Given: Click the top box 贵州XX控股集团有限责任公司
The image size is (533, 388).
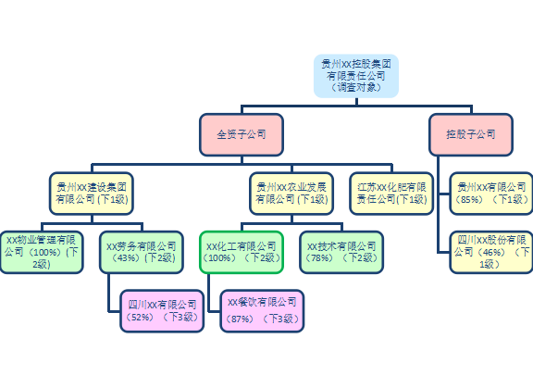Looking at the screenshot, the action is pyautogui.click(x=356, y=76).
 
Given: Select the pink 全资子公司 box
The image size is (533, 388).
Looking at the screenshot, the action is pyautogui.click(x=242, y=134).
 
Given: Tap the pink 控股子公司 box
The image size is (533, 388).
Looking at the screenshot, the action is pyautogui.click(x=471, y=134).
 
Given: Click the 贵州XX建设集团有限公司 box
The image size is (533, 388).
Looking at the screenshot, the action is pyautogui.click(x=92, y=194).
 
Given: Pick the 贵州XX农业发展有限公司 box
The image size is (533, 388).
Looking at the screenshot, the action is pyautogui.click(x=291, y=194).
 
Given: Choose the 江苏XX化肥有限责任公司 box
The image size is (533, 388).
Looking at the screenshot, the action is pyautogui.click(x=391, y=194).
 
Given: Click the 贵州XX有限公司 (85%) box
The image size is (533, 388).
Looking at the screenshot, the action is pyautogui.click(x=491, y=194).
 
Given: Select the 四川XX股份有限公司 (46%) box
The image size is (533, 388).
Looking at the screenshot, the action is pyautogui.click(x=491, y=252).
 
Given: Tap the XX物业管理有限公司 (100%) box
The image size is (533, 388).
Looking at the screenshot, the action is pyautogui.click(x=42, y=252).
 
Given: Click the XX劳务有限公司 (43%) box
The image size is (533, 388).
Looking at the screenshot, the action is pyautogui.click(x=142, y=252).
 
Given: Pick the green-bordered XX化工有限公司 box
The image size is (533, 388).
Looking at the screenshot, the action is pyautogui.click(x=242, y=252).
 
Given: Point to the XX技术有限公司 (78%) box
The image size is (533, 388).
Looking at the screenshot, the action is pyautogui.click(x=341, y=252).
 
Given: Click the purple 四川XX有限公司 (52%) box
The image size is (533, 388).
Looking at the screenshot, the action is pyautogui.click(x=162, y=311).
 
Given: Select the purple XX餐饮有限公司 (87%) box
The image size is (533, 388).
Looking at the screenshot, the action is pyautogui.click(x=262, y=311).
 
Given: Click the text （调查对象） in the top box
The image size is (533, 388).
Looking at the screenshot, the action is pyautogui.click(x=356, y=87).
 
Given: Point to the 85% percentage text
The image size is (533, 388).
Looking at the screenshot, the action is pyautogui.click(x=470, y=199).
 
